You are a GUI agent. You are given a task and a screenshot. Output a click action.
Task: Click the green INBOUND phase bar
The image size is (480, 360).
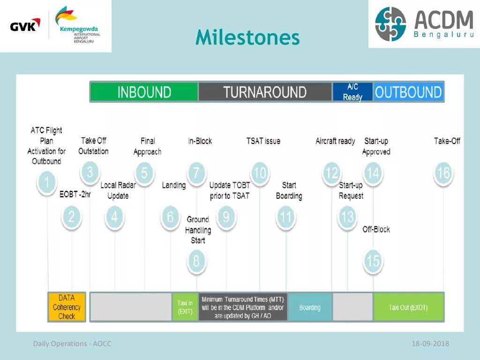(144, 92)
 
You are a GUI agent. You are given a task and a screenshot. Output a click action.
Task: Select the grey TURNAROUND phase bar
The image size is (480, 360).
(265, 92)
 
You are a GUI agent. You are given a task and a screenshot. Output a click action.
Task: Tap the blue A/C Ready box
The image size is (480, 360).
(352, 92)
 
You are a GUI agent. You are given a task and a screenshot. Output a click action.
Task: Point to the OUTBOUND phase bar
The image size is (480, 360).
(408, 92)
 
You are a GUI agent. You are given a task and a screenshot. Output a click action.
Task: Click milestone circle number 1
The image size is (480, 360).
(46, 182)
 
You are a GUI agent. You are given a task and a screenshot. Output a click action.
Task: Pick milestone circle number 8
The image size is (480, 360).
(196, 261)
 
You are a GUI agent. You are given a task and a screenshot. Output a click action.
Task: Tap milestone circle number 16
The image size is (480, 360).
(443, 173)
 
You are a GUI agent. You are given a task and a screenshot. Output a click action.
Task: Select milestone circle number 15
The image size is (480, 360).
(373, 261)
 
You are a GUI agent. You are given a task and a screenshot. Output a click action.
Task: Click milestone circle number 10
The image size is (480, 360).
(259, 173)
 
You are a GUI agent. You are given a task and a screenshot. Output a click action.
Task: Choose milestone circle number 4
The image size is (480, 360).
(114, 217)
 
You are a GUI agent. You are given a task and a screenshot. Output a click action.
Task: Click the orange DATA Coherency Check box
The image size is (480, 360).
(67, 307)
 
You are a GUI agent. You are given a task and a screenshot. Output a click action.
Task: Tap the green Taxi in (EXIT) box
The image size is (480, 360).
(185, 307)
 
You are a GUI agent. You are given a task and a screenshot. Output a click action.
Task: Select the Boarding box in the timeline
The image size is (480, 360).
(310, 307)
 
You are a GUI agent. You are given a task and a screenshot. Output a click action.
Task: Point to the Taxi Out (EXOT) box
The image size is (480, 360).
(408, 307)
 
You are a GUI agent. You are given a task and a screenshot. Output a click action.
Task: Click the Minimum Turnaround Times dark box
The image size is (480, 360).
(243, 307)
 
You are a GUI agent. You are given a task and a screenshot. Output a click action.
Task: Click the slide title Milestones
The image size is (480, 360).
(247, 37)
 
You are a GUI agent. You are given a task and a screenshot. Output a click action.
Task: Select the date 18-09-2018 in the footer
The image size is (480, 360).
(430, 344)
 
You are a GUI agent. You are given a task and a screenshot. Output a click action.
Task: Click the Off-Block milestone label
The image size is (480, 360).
(376, 229)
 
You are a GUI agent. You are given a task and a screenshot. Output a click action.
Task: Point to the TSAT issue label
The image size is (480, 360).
(263, 141)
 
